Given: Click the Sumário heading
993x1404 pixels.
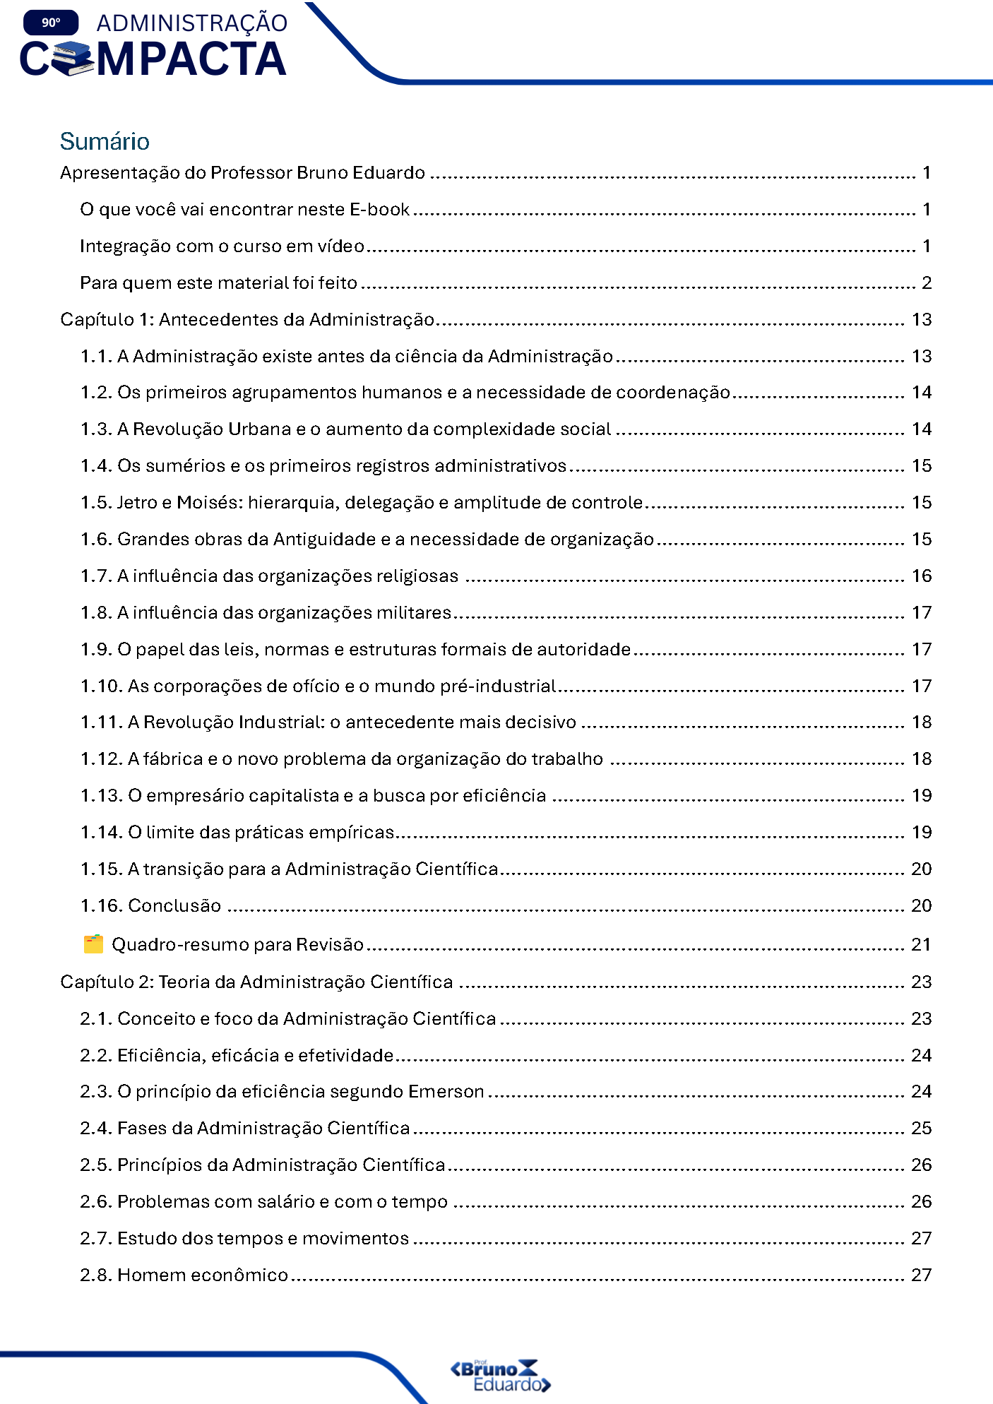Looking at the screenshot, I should [x=105, y=141].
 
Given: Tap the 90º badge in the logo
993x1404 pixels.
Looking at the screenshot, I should [x=51, y=23].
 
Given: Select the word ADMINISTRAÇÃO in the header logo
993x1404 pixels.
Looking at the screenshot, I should [x=192, y=23].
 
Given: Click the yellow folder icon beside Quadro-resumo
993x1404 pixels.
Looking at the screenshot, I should [x=93, y=944].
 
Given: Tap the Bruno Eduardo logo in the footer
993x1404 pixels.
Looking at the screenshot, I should [x=501, y=1375].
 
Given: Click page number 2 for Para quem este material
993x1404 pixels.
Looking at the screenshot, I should [x=927, y=283].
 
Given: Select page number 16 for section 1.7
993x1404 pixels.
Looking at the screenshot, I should [x=922, y=576].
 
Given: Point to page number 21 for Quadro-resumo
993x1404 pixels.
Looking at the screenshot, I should [x=921, y=945].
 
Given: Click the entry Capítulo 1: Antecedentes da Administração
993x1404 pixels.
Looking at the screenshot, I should [x=247, y=320].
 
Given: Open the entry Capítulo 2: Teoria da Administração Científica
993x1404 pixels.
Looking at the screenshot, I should [x=256, y=982].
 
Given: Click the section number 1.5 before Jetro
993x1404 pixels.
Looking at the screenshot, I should [x=96, y=503].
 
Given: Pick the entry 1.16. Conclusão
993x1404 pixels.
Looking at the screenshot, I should [x=150, y=906].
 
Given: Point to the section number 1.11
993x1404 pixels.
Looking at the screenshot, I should [x=101, y=722].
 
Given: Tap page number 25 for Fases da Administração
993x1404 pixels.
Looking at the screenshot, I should [x=921, y=1129].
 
